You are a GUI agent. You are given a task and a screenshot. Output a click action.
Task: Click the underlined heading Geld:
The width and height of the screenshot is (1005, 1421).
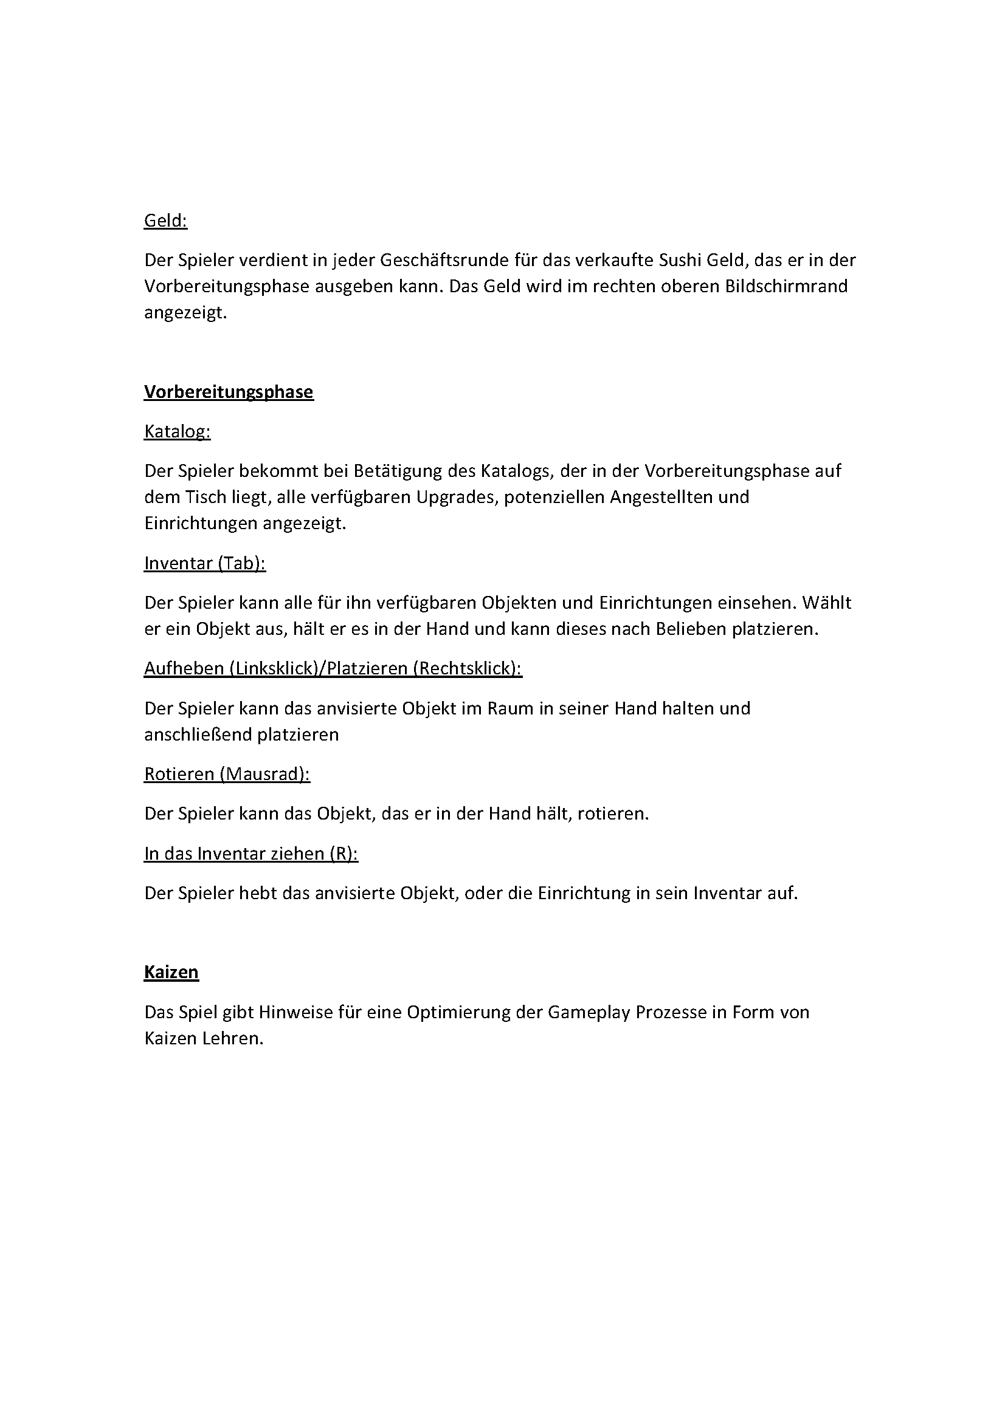[165, 221]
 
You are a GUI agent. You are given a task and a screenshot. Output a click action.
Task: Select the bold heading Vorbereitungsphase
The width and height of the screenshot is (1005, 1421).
[229, 392]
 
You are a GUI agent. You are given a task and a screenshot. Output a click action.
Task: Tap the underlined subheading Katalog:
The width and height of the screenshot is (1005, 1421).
[177, 431]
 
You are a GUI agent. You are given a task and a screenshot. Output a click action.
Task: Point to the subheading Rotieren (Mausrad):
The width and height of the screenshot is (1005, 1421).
[227, 774]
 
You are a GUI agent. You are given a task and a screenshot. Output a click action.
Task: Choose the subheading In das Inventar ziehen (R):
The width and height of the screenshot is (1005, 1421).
[250, 854]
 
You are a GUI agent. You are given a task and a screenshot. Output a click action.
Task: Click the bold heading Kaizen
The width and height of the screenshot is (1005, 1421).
[171, 972]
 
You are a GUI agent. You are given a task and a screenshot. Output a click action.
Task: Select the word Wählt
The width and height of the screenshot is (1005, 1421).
[827, 603]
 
